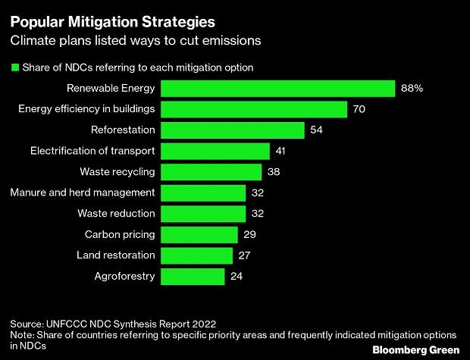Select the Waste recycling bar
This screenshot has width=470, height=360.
[x=211, y=171]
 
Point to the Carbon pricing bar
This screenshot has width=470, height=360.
[x=199, y=234]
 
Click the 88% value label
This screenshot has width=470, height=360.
[x=412, y=89]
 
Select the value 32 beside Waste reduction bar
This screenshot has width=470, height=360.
[x=258, y=214]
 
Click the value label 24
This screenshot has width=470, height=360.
[x=237, y=276]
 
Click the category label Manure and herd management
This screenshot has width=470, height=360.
[x=83, y=193]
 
